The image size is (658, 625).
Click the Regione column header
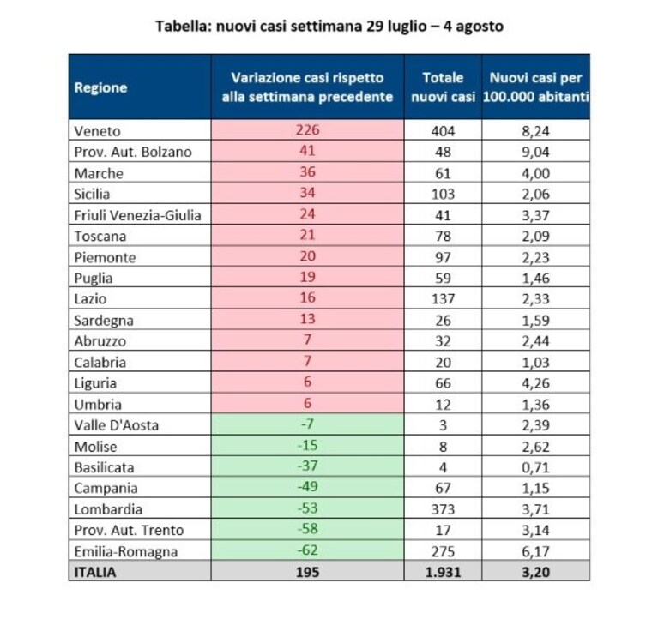100,87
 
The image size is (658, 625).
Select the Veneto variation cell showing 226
308,130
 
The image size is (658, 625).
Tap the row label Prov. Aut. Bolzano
133,152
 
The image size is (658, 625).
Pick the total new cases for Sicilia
444,195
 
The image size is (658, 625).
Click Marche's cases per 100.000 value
536,173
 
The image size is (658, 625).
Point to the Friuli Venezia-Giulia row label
137,215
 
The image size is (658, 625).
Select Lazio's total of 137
444,299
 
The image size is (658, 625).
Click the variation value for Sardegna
308,319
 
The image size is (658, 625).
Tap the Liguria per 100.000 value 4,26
536,383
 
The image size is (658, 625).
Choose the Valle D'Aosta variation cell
308,424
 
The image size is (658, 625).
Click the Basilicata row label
104,467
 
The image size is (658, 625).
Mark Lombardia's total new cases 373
444,509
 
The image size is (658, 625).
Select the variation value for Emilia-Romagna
308,550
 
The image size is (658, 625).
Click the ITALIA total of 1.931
444,572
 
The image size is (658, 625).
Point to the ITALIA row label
95,572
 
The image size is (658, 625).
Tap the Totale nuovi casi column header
444,87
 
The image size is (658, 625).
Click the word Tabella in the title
183,26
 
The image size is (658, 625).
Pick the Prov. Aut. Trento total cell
444,530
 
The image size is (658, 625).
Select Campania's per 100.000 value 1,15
536,489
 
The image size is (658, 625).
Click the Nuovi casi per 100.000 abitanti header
536,87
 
